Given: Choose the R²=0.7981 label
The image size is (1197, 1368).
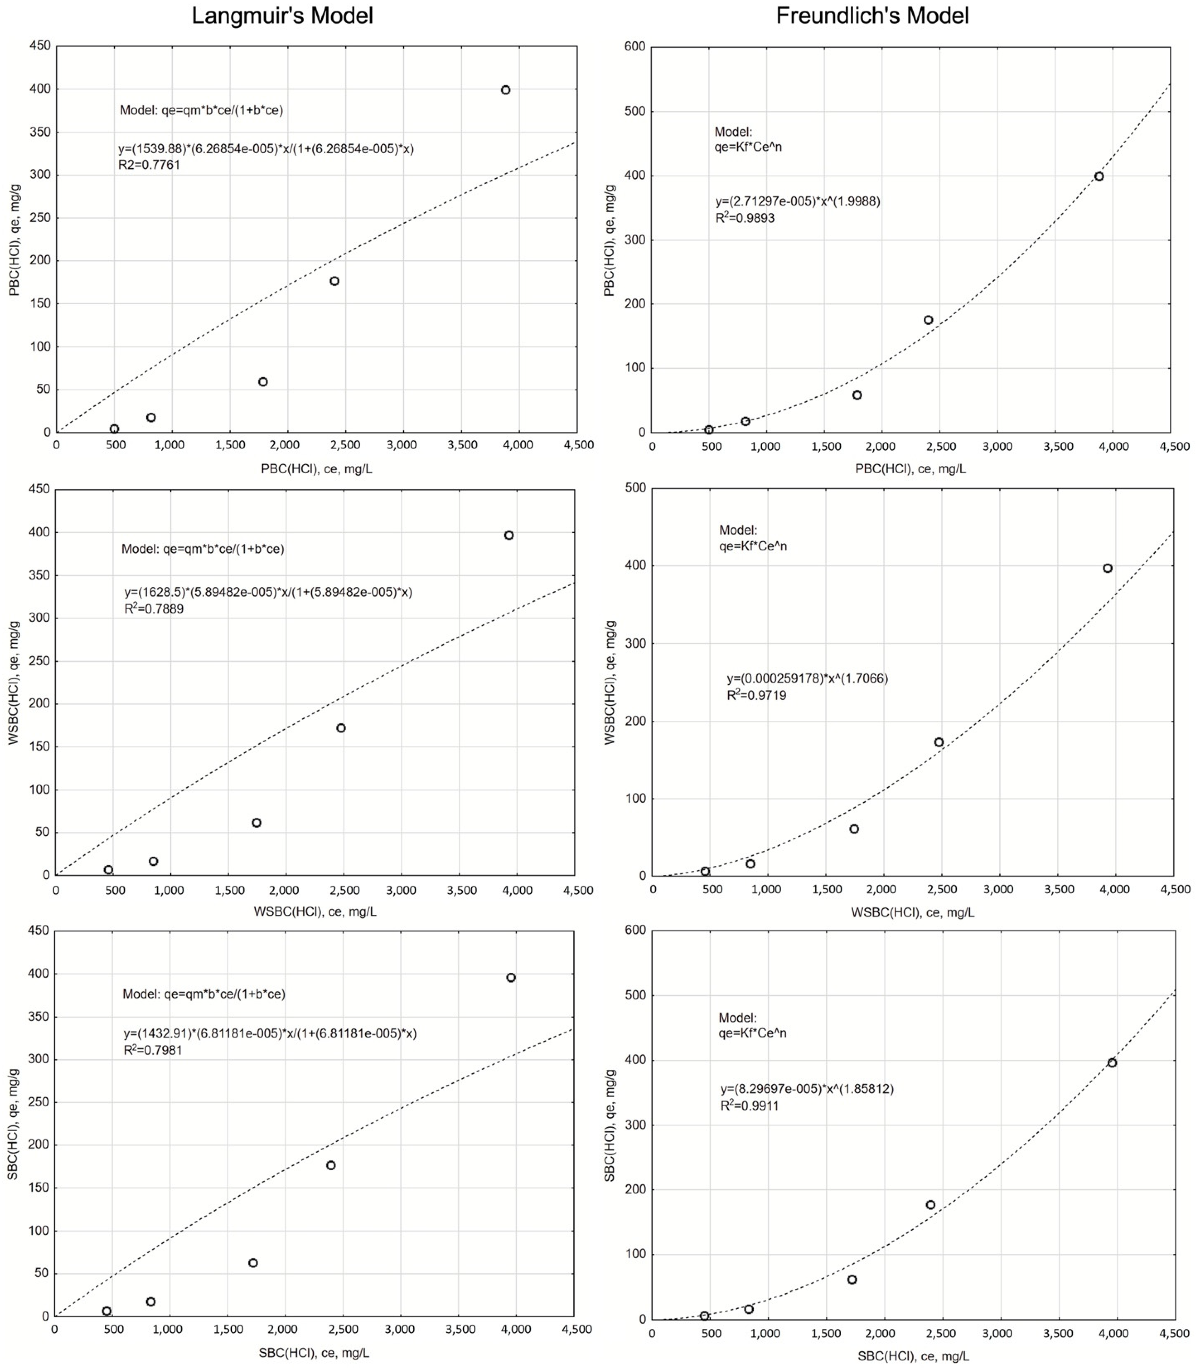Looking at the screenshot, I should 153,1050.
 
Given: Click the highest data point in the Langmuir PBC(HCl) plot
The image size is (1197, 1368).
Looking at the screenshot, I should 506,90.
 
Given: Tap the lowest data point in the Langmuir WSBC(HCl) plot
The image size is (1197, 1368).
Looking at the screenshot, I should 108,870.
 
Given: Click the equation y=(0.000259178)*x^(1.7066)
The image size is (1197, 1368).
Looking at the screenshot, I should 808,679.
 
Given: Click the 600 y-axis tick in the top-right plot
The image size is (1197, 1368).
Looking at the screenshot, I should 635,47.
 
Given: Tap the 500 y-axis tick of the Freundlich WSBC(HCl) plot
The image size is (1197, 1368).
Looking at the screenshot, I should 635,488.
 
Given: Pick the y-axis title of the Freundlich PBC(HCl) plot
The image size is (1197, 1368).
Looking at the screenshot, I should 609,240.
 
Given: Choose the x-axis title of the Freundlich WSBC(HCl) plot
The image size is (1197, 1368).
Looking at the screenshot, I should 912,912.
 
